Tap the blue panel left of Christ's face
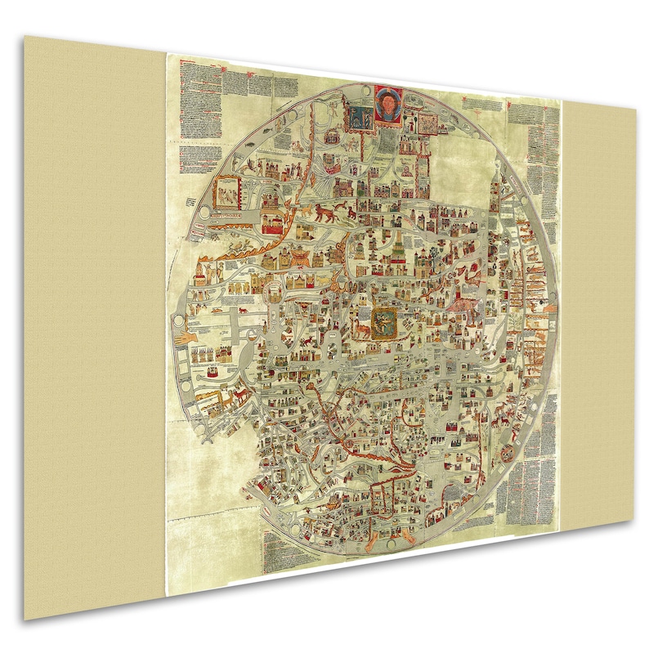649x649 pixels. pos(357,115)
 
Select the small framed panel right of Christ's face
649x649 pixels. pos(427,121)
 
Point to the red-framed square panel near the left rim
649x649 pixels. pos(225,195)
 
